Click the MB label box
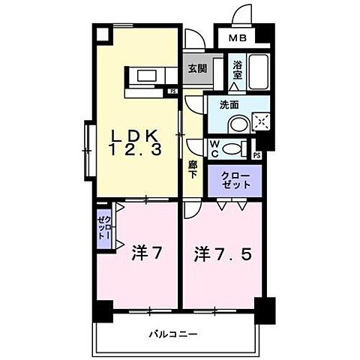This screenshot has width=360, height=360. [236, 37]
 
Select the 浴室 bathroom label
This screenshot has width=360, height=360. [237, 69]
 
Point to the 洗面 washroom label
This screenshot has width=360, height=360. [229, 106]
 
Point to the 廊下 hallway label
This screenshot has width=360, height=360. [192, 168]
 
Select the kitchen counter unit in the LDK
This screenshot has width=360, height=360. [148, 78]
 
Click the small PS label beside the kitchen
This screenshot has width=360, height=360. [172, 92]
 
